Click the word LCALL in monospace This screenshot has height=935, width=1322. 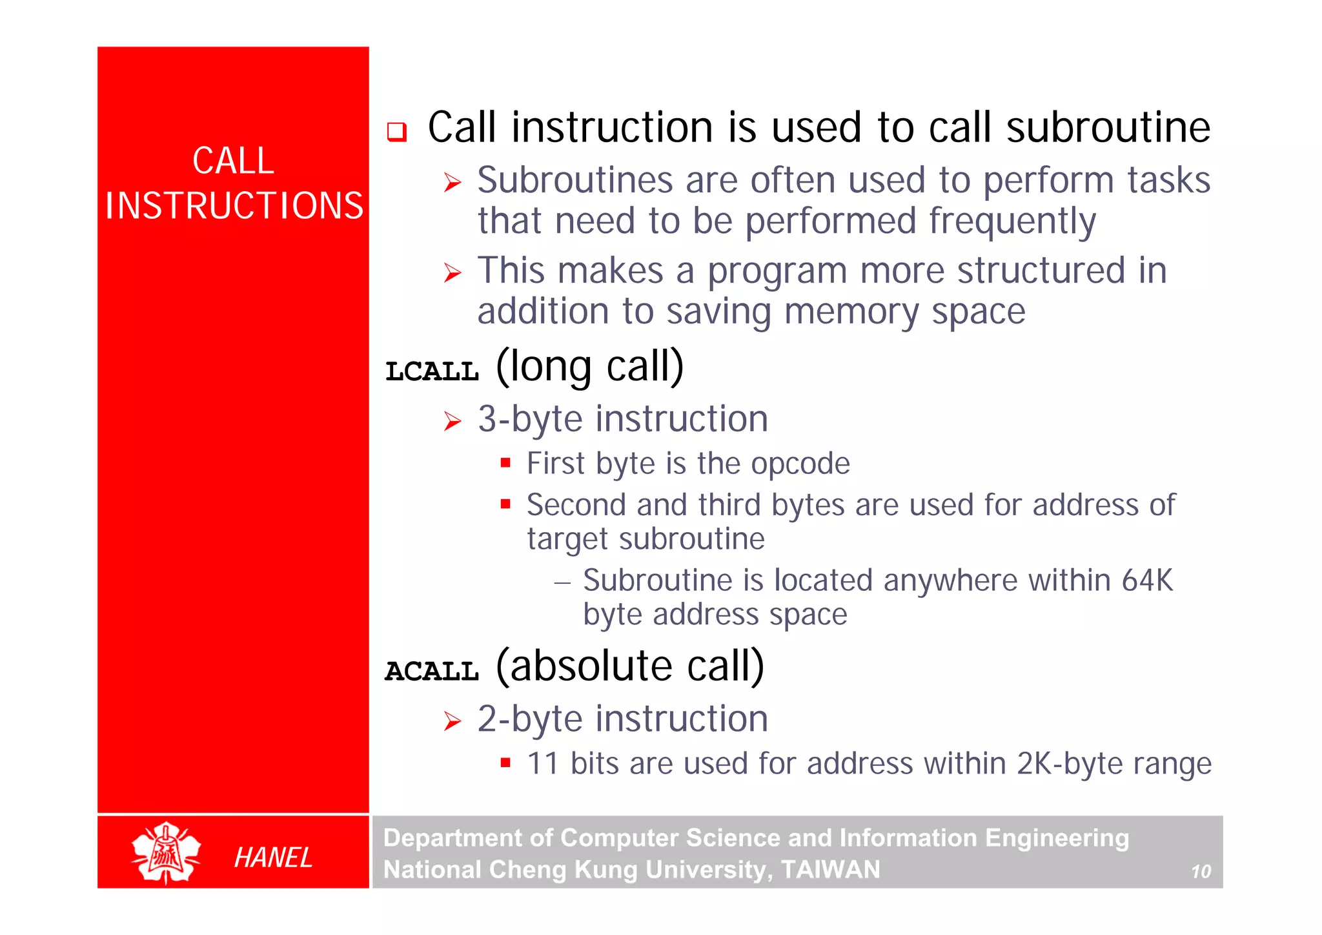432,371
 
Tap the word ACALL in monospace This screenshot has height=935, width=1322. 432,672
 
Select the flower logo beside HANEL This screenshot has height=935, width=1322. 166,852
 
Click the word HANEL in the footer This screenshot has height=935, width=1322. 273,858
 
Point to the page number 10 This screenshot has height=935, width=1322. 1200,872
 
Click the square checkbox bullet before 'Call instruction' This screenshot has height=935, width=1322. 396,132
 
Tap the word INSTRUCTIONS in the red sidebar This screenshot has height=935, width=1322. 234,205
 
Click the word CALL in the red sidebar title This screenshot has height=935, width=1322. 233,161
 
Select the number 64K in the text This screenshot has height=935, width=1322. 1146,580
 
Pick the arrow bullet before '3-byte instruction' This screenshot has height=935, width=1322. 453,421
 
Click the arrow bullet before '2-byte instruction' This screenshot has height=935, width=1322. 453,721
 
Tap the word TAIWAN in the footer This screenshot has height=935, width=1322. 830,869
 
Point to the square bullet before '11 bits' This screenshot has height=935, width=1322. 505,763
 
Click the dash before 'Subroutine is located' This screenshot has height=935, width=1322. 562,582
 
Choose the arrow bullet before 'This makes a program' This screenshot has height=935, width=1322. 453,272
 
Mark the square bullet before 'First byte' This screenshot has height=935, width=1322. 505,462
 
